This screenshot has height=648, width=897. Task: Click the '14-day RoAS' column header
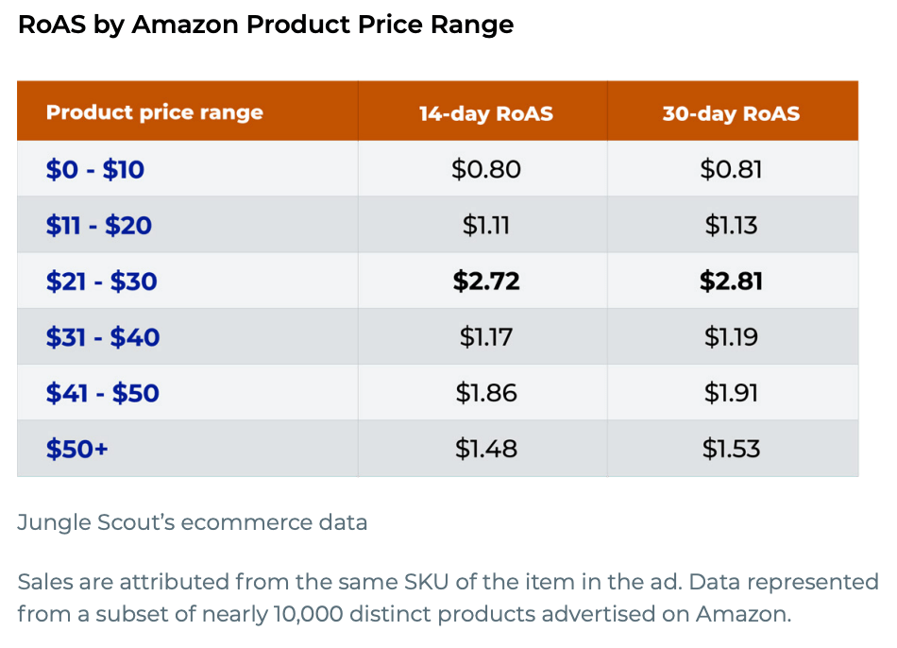click(485, 113)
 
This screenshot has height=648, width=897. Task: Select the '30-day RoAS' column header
click(731, 113)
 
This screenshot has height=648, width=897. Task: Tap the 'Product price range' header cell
click(155, 112)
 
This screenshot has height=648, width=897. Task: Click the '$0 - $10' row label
click(95, 170)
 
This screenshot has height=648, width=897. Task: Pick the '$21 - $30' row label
click(102, 281)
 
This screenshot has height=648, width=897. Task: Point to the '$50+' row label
click(77, 449)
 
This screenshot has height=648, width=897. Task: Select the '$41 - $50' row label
click(103, 393)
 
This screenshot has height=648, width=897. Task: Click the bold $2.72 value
click(486, 281)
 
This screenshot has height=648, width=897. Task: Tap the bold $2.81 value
click(731, 281)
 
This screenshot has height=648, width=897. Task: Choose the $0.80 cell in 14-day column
click(486, 170)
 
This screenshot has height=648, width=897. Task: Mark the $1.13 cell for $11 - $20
click(731, 226)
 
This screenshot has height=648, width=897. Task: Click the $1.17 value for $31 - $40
click(486, 337)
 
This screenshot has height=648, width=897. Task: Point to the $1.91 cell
click(731, 393)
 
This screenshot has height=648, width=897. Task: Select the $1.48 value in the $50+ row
click(486, 449)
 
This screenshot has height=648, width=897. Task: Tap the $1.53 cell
click(731, 449)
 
